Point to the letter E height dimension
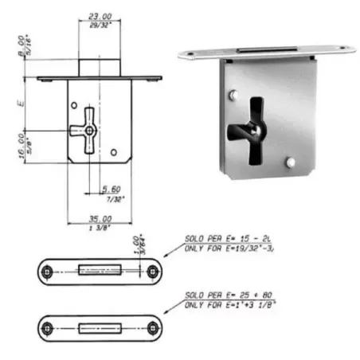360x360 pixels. point(26,103)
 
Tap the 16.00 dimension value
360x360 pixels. point(22,146)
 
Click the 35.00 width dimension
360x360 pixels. point(98,217)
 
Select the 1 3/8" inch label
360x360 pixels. point(98,226)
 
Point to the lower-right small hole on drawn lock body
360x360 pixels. point(115,151)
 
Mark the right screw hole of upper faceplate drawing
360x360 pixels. point(151,272)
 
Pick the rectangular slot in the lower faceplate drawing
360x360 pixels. point(100,328)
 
